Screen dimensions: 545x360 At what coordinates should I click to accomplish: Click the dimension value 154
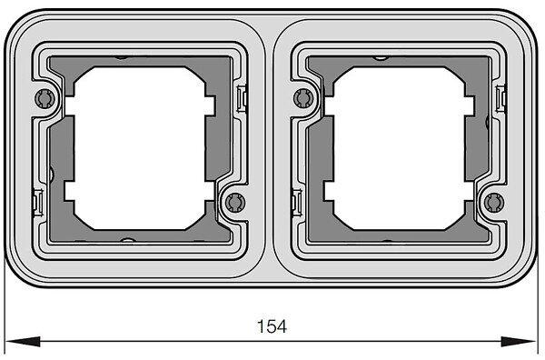click(272, 326)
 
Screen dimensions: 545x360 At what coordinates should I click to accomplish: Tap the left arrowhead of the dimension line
click(23, 342)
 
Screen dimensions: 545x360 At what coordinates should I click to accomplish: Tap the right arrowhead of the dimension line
click(519, 342)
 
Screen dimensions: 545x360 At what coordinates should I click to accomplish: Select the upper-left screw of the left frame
click(45, 98)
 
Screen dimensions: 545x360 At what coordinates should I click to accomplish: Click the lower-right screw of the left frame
click(235, 203)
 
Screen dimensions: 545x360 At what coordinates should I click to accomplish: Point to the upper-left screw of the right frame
click(303, 98)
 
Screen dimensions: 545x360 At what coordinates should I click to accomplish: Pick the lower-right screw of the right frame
click(494, 203)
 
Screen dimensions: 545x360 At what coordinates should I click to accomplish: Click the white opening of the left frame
click(139, 148)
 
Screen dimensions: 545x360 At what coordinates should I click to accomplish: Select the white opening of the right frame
click(399, 148)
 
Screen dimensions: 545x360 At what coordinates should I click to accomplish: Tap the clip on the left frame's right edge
click(242, 98)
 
